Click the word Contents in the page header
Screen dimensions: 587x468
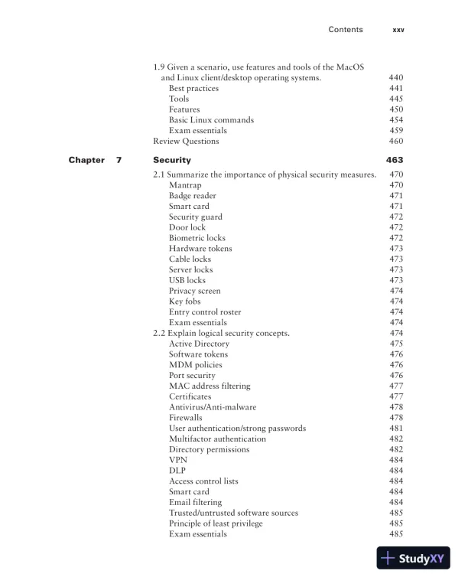[x=346, y=30]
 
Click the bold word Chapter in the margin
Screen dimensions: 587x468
[x=86, y=161]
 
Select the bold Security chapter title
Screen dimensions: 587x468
[x=172, y=161]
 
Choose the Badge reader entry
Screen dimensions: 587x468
[x=193, y=196]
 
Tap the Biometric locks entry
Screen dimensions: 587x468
[x=197, y=238]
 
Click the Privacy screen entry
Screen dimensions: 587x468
[x=194, y=291]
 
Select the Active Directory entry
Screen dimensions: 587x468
[x=199, y=344]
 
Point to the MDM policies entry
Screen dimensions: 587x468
[x=196, y=365]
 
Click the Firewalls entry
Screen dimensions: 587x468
[x=186, y=418]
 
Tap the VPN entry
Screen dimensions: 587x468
[x=178, y=460]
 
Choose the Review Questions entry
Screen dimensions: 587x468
[x=186, y=141]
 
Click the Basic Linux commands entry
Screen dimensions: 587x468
[x=211, y=120]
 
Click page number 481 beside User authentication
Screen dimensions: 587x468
[x=396, y=429]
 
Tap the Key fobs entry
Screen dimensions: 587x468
[x=185, y=302]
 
